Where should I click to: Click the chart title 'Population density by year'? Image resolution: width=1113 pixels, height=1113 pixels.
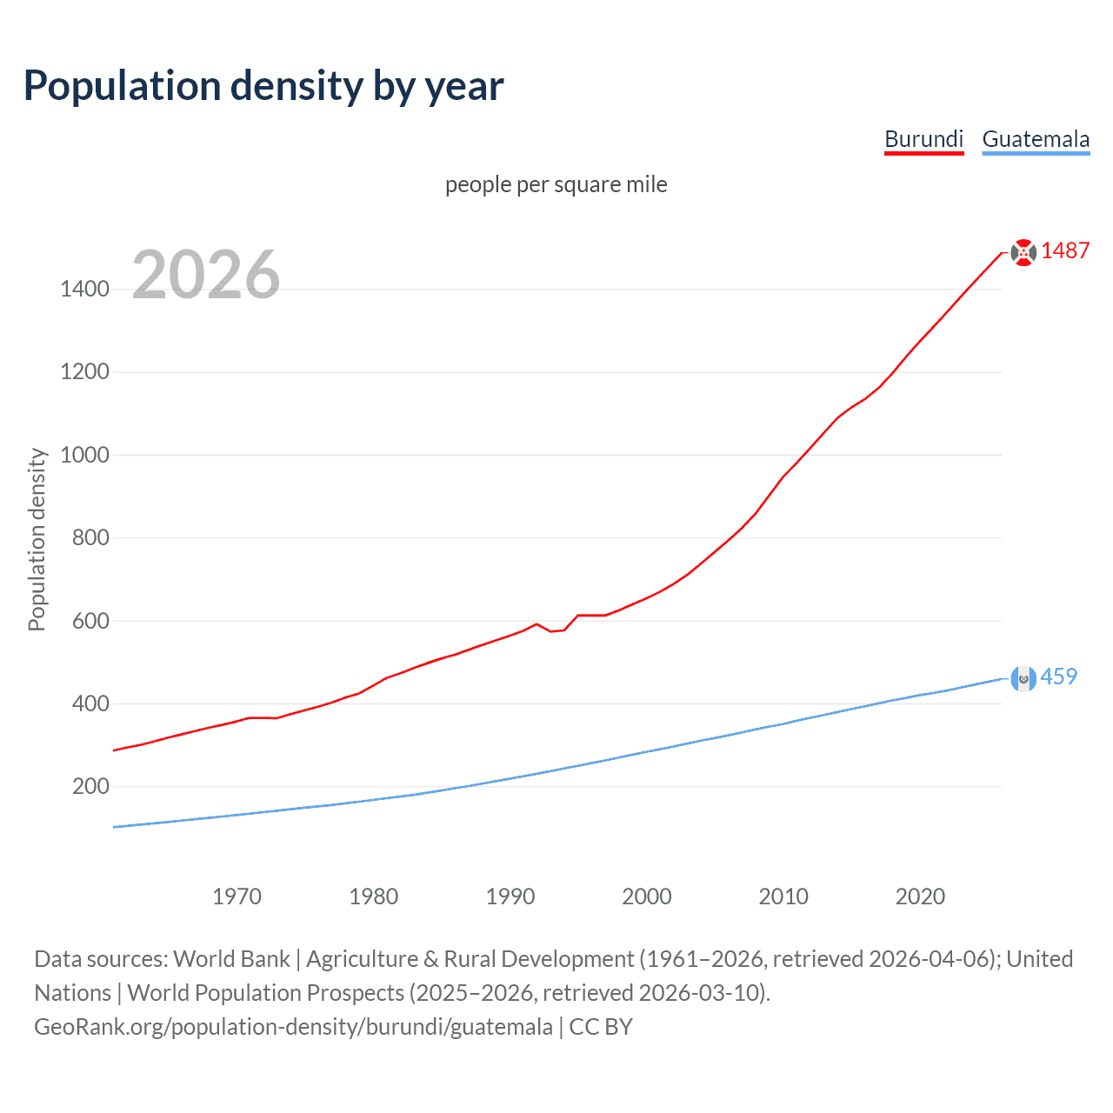click(263, 86)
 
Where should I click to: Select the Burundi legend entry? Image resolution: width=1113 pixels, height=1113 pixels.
click(923, 139)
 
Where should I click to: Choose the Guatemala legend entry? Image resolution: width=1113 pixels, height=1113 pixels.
click(1036, 139)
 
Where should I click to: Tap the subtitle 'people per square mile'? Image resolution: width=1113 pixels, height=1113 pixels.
click(556, 184)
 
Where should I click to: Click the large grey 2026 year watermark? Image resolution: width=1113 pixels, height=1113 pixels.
click(206, 275)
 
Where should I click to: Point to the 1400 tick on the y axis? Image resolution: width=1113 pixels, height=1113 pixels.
click(84, 289)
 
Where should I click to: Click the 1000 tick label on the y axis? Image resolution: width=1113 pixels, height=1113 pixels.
click(84, 455)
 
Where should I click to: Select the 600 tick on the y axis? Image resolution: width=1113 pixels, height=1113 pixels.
click(90, 621)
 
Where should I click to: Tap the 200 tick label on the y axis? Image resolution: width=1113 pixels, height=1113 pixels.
click(90, 787)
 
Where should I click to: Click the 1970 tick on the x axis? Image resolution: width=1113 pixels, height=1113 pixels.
click(237, 896)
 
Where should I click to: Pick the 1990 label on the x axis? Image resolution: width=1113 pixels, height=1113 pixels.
click(510, 896)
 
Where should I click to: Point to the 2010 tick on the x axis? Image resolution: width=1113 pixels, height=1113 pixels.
click(783, 896)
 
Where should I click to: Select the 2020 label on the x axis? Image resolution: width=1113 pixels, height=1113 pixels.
click(920, 896)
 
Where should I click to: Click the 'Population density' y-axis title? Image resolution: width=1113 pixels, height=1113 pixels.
click(37, 539)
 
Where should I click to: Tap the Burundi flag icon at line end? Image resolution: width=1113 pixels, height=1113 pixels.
click(1023, 252)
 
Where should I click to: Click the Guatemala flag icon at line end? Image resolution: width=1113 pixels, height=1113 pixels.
click(1023, 678)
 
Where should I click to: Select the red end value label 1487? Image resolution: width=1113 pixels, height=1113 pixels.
click(1065, 251)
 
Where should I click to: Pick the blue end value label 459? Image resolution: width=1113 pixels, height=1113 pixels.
click(1058, 676)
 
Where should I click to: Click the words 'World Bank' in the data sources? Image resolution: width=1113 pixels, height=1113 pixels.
click(231, 959)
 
